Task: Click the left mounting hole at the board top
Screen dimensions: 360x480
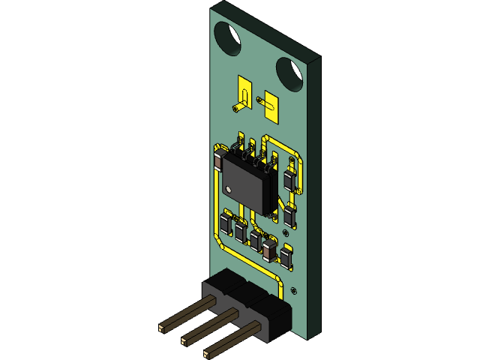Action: click(x=227, y=36)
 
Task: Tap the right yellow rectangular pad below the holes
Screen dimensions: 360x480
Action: click(x=269, y=107)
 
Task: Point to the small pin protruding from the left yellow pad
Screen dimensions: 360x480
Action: click(x=236, y=109)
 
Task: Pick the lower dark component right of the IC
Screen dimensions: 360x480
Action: click(x=289, y=216)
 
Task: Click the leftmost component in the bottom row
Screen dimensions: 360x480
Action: click(x=226, y=223)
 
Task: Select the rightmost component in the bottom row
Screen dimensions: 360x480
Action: click(x=286, y=256)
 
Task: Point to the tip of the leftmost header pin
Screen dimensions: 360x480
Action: click(x=162, y=328)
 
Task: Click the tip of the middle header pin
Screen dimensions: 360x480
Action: click(x=185, y=341)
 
